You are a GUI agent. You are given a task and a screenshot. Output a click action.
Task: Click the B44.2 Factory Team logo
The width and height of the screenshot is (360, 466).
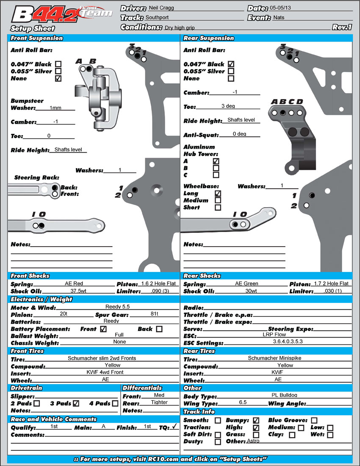[x=61, y=14]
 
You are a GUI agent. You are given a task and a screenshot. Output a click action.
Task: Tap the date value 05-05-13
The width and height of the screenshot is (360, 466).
[x=283, y=8]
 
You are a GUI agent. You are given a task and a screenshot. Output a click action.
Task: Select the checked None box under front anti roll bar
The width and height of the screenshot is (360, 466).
[x=58, y=78]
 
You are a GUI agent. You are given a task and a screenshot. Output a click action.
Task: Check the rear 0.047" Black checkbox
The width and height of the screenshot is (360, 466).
[x=231, y=64]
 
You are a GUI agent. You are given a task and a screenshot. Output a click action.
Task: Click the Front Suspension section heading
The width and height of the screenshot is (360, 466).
[x=37, y=38]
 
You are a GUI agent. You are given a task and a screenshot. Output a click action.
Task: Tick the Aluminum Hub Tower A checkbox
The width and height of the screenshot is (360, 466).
[x=216, y=161]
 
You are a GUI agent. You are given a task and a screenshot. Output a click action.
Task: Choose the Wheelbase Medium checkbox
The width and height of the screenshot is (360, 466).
[x=218, y=200]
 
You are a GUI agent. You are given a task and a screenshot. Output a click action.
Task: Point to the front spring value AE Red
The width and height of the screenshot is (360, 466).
[x=74, y=283]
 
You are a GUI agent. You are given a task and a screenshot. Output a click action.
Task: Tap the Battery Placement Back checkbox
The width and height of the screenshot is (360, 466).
[x=159, y=329]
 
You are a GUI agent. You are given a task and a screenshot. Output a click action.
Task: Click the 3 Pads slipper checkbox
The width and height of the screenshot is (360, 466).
[x=76, y=403]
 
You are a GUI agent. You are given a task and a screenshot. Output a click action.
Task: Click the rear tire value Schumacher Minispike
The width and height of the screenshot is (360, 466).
[x=274, y=358]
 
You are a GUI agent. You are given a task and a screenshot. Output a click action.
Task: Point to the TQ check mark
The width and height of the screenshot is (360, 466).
[x=174, y=427]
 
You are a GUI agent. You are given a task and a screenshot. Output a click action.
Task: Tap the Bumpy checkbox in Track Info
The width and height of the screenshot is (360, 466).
[x=256, y=420]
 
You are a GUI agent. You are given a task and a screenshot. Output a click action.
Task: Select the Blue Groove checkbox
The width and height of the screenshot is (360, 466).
[x=314, y=420]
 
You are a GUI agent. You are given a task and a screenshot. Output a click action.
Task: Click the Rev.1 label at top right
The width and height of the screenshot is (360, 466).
[x=342, y=27]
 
